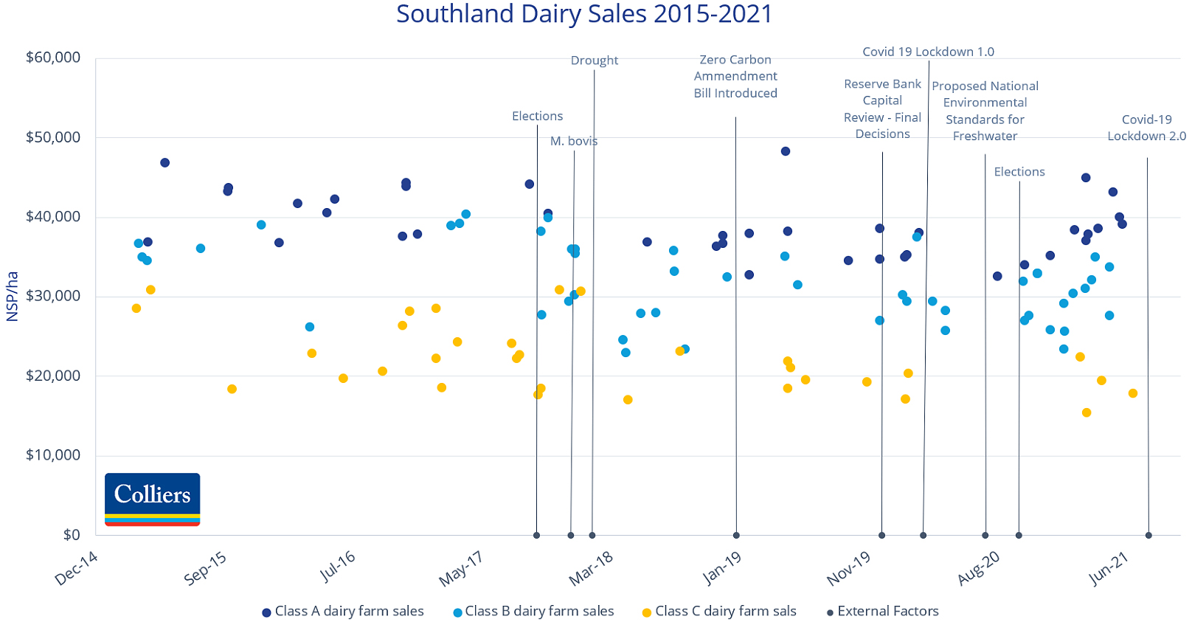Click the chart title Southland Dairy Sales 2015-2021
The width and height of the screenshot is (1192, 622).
[x=583, y=14]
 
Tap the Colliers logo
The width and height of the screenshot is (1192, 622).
[x=153, y=499]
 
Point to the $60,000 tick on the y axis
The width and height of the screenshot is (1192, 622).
[x=53, y=58]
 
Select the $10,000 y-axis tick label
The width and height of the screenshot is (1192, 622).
[x=53, y=455]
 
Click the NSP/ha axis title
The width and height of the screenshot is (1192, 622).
[x=13, y=297]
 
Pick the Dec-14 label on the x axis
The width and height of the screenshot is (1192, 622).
[x=77, y=568]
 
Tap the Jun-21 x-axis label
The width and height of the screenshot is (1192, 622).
[x=1109, y=569]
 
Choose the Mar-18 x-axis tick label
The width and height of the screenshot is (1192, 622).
[x=591, y=569]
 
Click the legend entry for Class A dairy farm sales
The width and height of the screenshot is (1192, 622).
[x=343, y=611]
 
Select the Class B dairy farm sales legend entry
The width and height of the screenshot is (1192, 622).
[x=533, y=611]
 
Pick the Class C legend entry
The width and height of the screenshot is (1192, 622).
[x=719, y=611]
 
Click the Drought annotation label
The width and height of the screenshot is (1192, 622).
[x=595, y=61]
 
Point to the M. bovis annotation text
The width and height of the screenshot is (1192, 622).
[x=574, y=141]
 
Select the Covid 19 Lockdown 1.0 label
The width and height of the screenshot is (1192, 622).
[x=928, y=52]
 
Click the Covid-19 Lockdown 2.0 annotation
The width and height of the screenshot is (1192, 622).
[x=1146, y=128]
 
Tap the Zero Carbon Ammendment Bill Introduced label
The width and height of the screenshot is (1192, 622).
[x=735, y=76]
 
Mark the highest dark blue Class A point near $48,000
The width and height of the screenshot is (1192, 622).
[x=786, y=151]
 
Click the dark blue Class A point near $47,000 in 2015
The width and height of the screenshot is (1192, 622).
[x=164, y=162]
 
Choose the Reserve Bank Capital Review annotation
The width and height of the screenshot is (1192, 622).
[x=882, y=108]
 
